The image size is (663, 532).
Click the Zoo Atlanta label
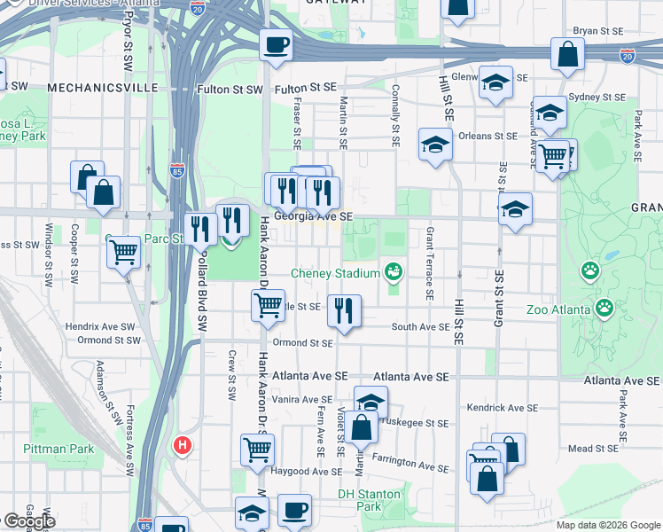coord(558,309)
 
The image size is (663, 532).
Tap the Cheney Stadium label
coord(335,273)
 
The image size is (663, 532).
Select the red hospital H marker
coord(183,444)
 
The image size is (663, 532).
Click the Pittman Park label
coord(59,450)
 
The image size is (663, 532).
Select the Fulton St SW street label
coord(230,90)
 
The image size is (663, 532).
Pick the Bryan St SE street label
coord(599,30)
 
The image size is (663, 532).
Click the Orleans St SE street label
coord(487,137)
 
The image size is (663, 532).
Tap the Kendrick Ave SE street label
coord(503,409)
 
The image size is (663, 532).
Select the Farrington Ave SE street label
coord(410,462)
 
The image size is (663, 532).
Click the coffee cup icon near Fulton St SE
coord(276,44)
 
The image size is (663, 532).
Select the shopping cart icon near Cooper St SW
coord(123,252)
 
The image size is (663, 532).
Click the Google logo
coord(28,521)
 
